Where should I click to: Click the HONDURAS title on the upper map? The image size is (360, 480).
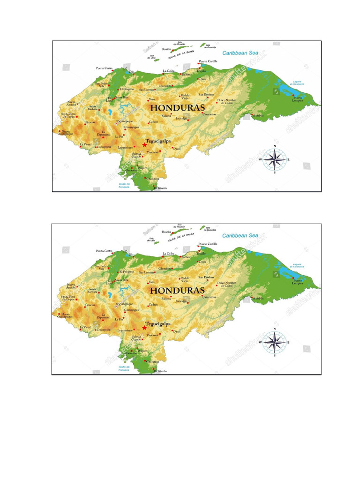178,107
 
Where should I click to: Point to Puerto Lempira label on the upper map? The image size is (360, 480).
298,98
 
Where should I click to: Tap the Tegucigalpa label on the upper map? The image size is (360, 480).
158,140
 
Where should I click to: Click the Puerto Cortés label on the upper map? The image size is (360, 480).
105,68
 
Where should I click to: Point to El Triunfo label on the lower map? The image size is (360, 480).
159,371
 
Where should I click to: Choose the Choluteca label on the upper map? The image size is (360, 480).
153,179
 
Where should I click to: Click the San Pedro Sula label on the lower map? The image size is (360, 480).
102,268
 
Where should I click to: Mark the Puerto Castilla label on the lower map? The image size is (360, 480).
208,244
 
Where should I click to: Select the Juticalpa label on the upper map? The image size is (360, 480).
181,118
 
